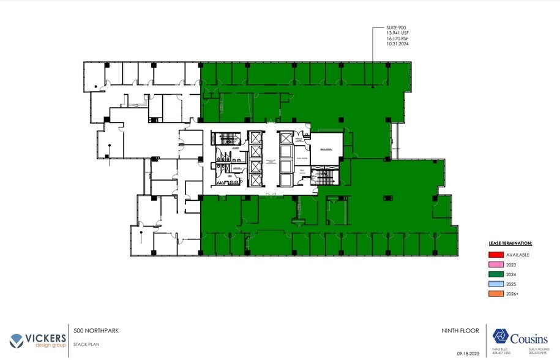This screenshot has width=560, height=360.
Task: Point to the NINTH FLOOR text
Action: point(459,331)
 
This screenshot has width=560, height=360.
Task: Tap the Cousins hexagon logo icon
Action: point(502,337)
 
